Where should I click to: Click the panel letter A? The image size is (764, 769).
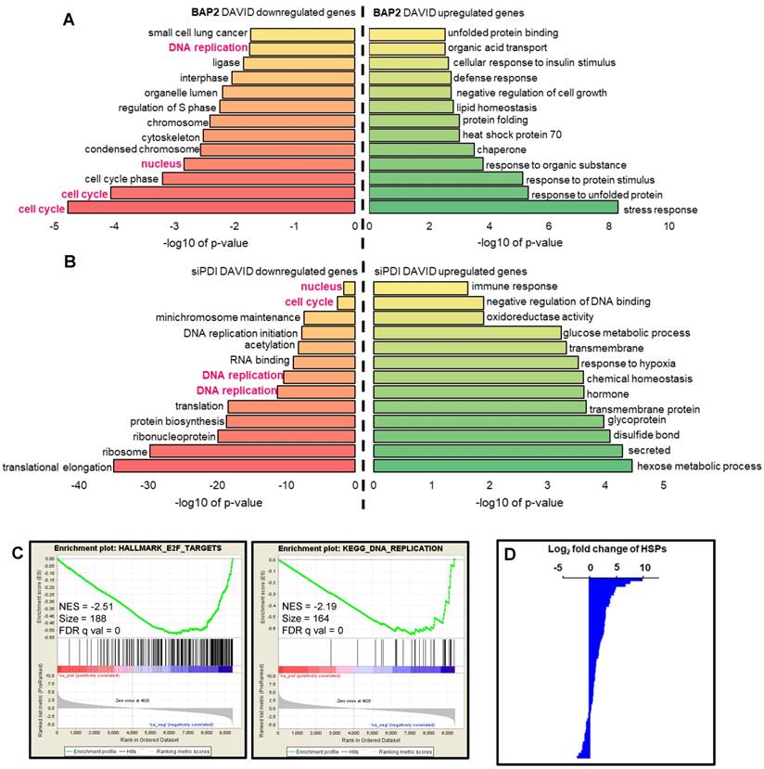[68, 19]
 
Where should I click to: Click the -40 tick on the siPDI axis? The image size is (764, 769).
[81, 484]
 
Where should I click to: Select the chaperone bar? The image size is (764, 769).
[422, 149]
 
